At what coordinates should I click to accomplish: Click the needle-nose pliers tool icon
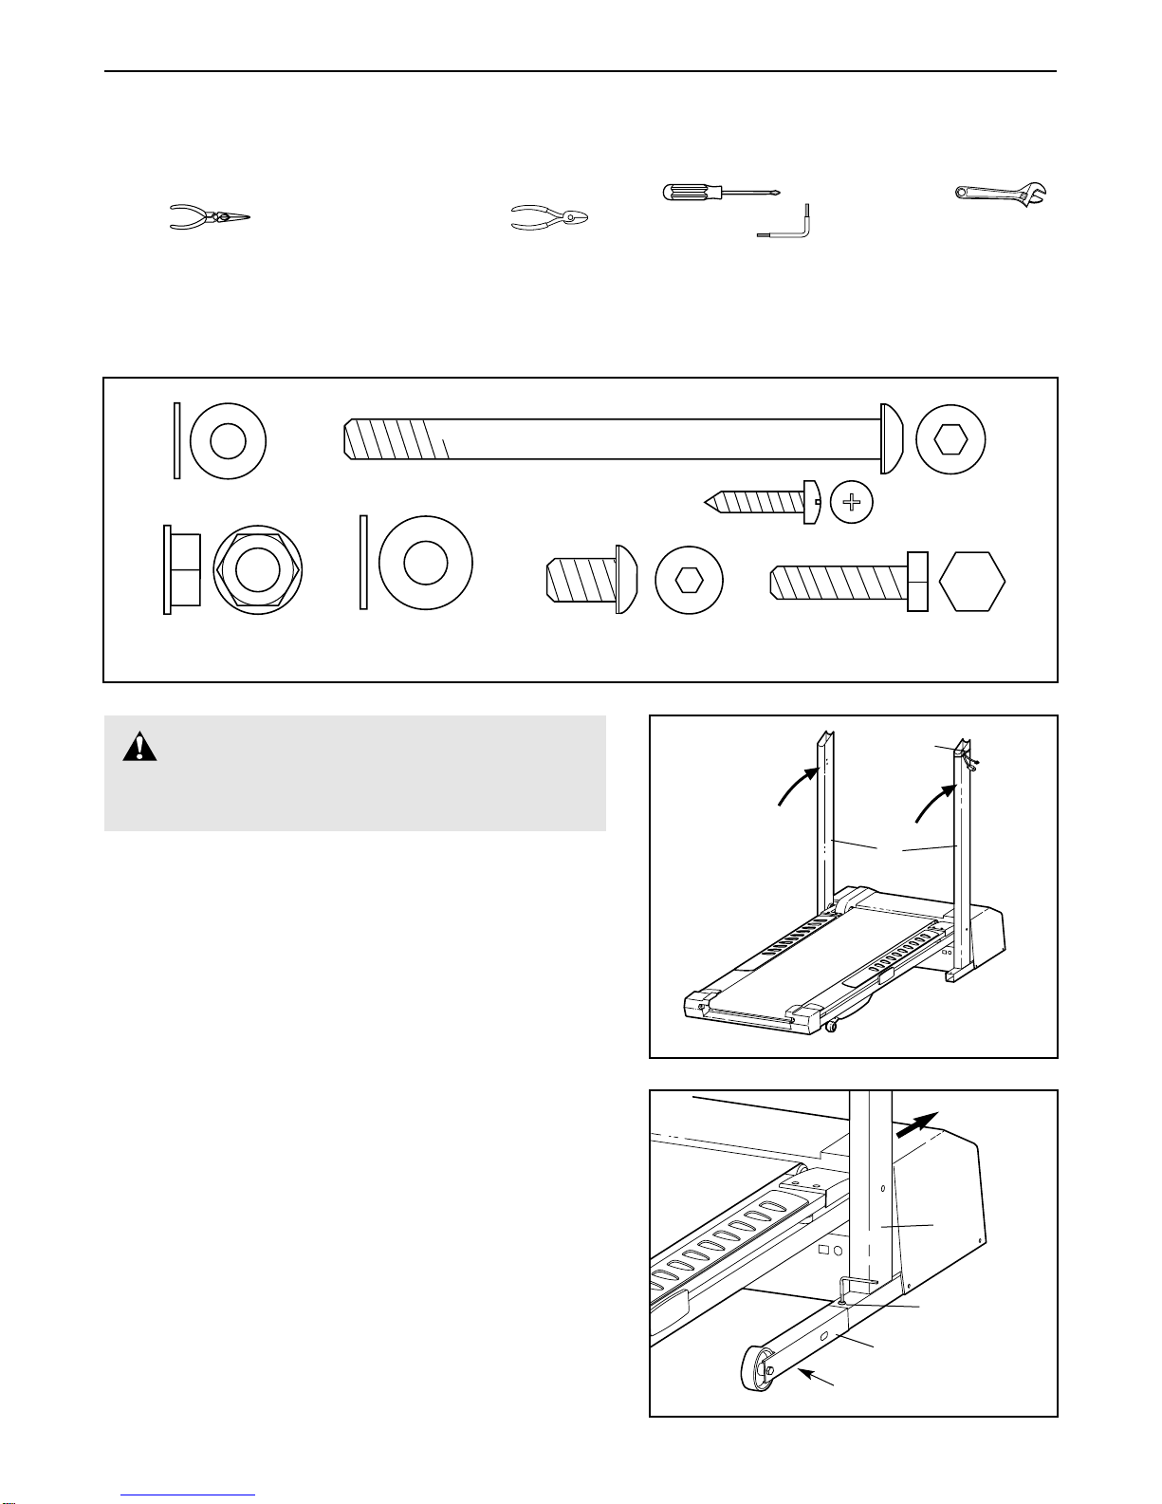[x=208, y=217]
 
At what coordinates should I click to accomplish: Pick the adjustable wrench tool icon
[x=1001, y=195]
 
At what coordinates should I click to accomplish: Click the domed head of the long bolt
[x=891, y=439]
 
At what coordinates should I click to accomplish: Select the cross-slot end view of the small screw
[x=852, y=502]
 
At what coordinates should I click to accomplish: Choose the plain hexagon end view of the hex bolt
[x=971, y=581]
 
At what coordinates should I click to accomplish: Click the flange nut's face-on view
[x=257, y=570]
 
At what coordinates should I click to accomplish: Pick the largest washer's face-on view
[x=424, y=563]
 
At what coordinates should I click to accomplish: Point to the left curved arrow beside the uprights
[x=797, y=787]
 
